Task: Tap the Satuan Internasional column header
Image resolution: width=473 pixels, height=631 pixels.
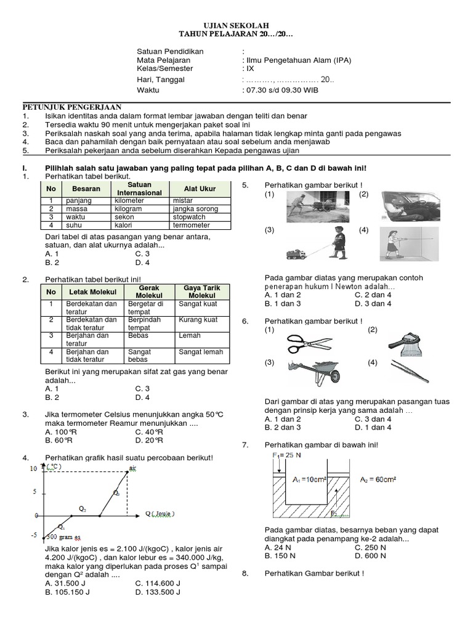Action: tap(139, 189)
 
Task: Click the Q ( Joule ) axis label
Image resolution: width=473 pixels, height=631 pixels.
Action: tap(160, 513)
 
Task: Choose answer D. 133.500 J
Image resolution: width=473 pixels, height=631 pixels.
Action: tap(157, 592)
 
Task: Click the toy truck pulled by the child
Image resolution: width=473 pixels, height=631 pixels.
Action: tap(299, 254)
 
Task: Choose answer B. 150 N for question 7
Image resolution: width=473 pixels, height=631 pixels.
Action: tap(281, 555)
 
